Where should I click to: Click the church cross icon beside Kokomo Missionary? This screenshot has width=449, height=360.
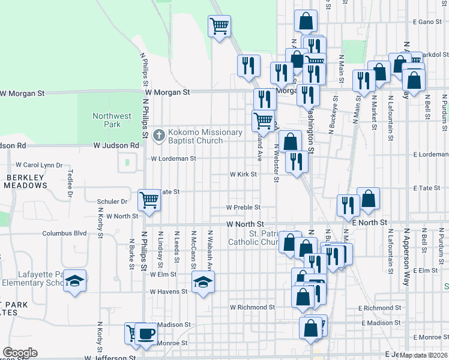(159, 135)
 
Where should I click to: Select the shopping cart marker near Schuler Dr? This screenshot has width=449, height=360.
(148, 200)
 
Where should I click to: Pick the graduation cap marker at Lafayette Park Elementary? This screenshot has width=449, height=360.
(75, 281)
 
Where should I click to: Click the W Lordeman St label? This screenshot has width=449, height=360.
(173, 159)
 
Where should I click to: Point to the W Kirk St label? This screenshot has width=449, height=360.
(243, 175)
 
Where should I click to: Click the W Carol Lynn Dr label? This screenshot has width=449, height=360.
(39, 165)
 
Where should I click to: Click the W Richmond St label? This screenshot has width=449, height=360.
(253, 307)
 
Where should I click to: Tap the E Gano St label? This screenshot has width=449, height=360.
(427, 22)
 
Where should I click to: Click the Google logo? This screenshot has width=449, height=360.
(20, 353)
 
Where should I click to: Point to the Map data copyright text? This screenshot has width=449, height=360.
(423, 355)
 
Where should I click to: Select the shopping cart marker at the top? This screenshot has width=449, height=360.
(219, 26)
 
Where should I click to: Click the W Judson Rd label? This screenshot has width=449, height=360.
(116, 145)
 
